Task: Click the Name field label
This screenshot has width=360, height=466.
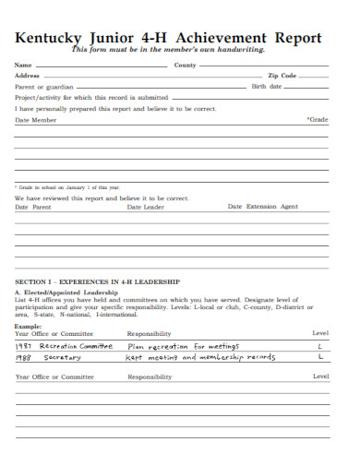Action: point(22,66)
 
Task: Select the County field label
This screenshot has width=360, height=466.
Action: point(185,66)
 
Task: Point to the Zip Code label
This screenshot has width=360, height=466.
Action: point(282,76)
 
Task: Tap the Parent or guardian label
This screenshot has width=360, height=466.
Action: point(43,86)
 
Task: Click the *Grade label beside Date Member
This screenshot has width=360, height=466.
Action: point(317,119)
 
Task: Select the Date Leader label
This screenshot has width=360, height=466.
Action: point(145,208)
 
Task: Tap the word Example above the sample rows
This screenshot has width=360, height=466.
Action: point(29,326)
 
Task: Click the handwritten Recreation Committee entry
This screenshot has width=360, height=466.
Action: point(78,346)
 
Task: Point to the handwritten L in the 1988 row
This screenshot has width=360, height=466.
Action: point(320,356)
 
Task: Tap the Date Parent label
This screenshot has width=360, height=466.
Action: point(32,208)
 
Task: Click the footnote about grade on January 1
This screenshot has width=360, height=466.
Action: point(66,187)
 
